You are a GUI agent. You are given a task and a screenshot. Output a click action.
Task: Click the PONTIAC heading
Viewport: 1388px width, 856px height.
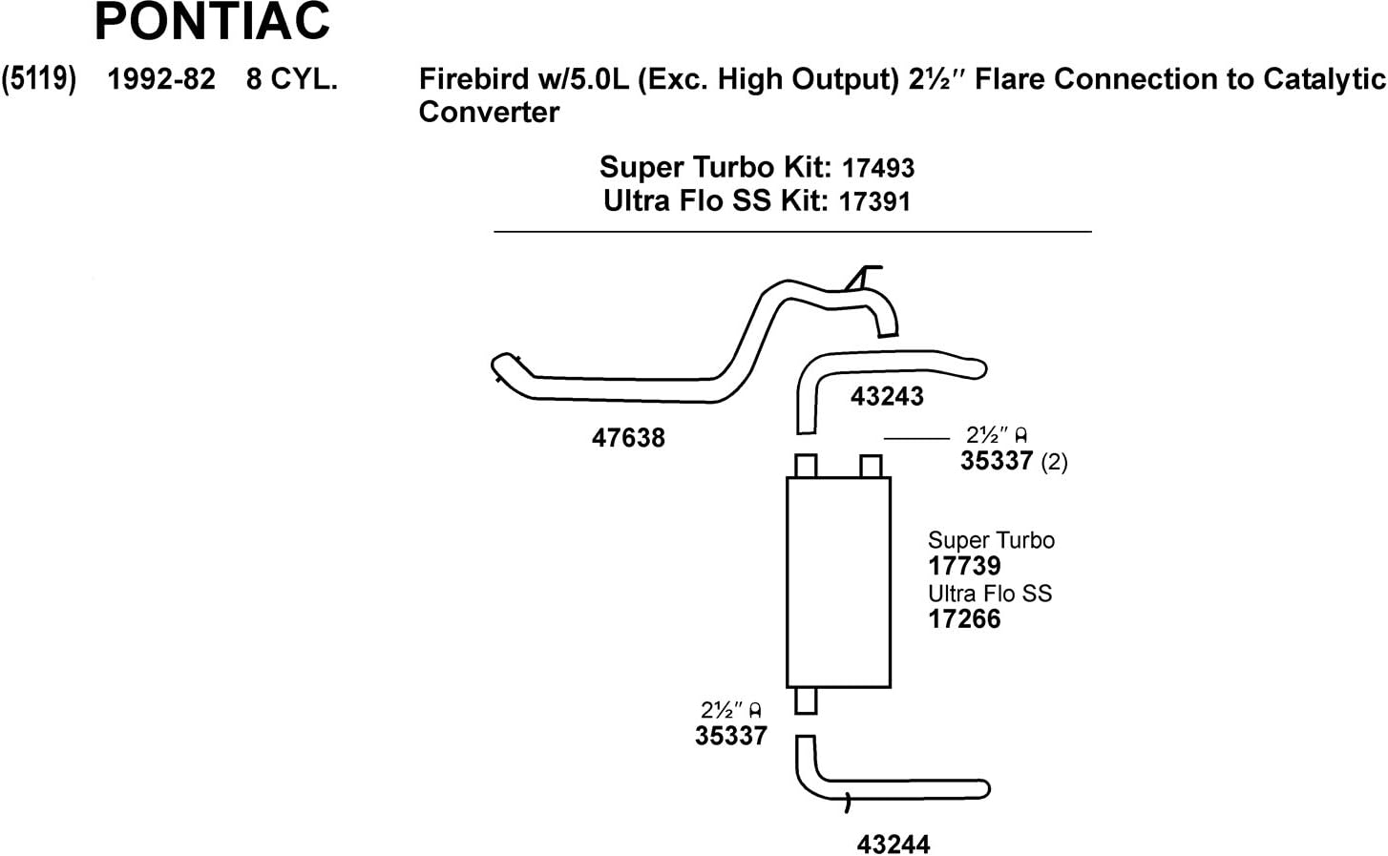pos(212,22)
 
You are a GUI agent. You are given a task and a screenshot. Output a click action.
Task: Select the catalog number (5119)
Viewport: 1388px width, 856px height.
pos(39,79)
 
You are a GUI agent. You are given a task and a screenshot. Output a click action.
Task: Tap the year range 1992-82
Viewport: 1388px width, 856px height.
pos(161,79)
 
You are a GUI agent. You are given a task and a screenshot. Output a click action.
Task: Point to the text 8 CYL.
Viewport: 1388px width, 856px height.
pos(292,79)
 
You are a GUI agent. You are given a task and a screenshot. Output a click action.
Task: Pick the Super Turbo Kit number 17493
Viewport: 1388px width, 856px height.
pos(878,169)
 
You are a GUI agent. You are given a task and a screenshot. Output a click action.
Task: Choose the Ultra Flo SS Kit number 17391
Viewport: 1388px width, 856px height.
pos(874,202)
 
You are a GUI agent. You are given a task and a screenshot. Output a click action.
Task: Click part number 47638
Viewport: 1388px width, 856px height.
pos(628,438)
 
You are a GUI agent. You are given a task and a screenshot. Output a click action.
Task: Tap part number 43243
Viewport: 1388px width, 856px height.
pos(887,396)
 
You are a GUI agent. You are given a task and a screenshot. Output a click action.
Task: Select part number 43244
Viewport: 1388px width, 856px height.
pos(894,845)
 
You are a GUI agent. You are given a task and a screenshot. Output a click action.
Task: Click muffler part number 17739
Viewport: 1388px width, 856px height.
pos(964,566)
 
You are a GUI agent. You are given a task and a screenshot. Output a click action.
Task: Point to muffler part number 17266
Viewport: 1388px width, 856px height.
pos(964,618)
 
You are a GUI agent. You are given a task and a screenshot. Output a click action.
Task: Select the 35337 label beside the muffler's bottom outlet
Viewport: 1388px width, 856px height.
pos(731,736)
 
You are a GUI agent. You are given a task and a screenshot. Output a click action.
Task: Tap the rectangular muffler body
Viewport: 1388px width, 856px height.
pos(838,582)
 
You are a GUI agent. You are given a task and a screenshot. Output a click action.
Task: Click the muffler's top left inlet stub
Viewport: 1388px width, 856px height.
pos(806,466)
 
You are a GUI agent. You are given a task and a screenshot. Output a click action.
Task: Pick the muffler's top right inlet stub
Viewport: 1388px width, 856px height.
pos(871,467)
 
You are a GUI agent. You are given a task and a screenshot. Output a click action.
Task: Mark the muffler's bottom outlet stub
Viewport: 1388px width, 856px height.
pos(806,700)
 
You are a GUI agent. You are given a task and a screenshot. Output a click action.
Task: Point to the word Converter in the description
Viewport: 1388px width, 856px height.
pos(489,113)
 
